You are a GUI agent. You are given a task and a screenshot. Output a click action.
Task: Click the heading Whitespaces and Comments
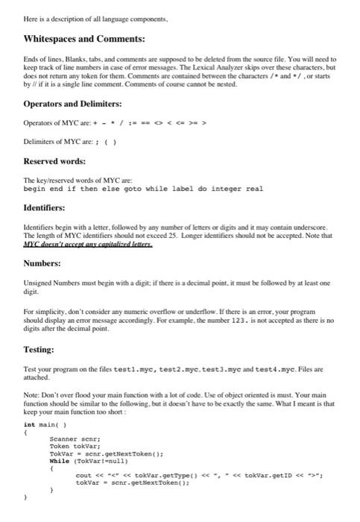[x=84, y=37]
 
